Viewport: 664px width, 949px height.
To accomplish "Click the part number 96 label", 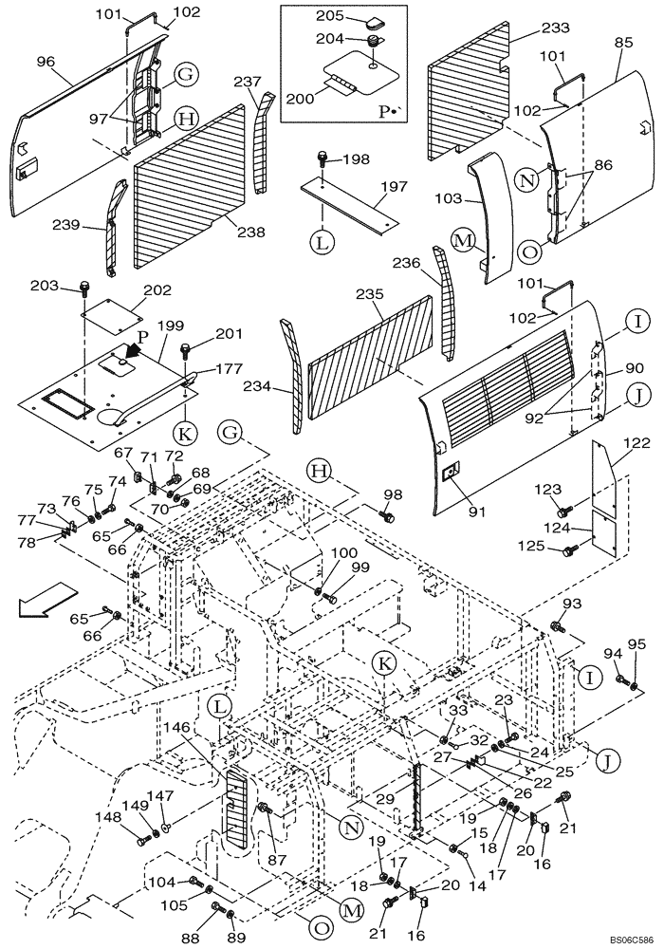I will pyautogui.click(x=44, y=60).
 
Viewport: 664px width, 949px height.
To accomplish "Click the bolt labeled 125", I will pyautogui.click(x=571, y=549).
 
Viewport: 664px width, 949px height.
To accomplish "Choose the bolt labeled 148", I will pyautogui.click(x=144, y=839).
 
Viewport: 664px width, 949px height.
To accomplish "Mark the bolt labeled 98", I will pyautogui.click(x=387, y=515).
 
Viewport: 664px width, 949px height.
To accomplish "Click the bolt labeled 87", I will pyautogui.click(x=267, y=809).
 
